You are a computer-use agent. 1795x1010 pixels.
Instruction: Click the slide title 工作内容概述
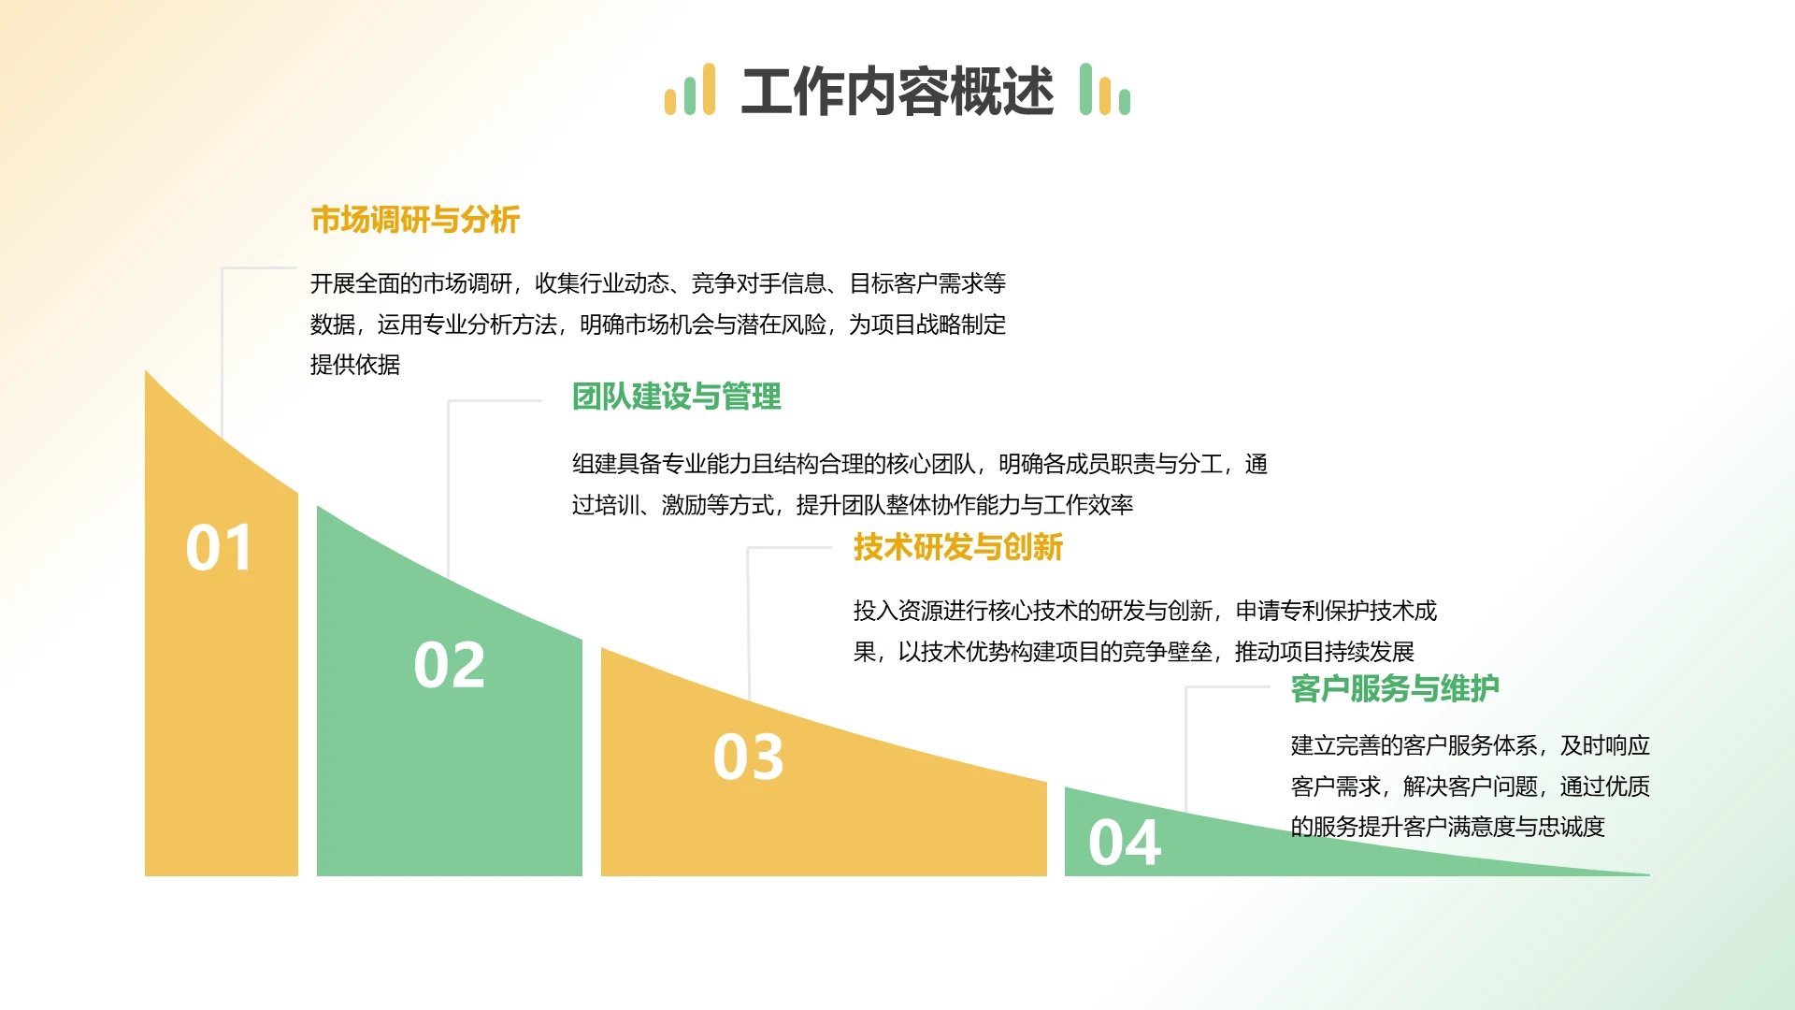897,92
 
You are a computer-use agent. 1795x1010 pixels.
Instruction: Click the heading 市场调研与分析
414,220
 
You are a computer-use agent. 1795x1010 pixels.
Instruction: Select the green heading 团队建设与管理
676,397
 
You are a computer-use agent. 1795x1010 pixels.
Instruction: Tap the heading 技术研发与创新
957,547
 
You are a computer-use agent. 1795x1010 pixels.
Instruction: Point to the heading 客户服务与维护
1394,689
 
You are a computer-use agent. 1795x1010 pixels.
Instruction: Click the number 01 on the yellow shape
219,548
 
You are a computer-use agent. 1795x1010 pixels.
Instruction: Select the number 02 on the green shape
449,665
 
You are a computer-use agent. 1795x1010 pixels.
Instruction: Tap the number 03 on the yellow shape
748,757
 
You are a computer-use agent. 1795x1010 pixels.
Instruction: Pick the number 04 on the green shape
1124,843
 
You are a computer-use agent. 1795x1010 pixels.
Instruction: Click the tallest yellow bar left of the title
709,90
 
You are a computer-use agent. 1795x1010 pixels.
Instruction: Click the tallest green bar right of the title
1085,90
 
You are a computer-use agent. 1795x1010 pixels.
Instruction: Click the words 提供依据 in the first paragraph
355,365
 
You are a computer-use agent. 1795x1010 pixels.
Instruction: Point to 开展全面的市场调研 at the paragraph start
411,283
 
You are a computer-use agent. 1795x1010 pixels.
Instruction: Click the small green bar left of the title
690,96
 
